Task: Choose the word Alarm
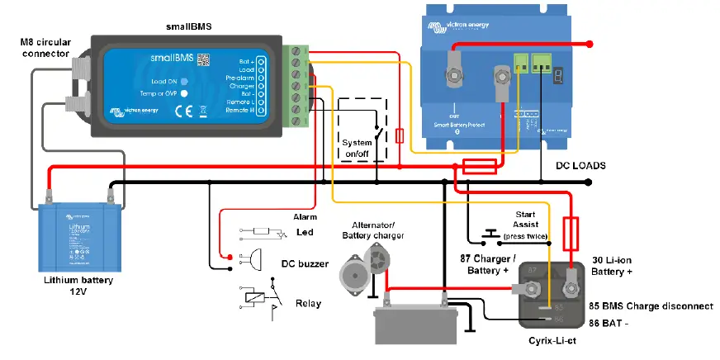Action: click(306, 216)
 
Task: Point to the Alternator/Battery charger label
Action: click(373, 230)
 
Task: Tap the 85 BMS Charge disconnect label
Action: click(651, 306)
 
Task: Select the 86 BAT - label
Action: click(609, 324)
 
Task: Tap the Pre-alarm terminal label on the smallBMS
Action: click(240, 76)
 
